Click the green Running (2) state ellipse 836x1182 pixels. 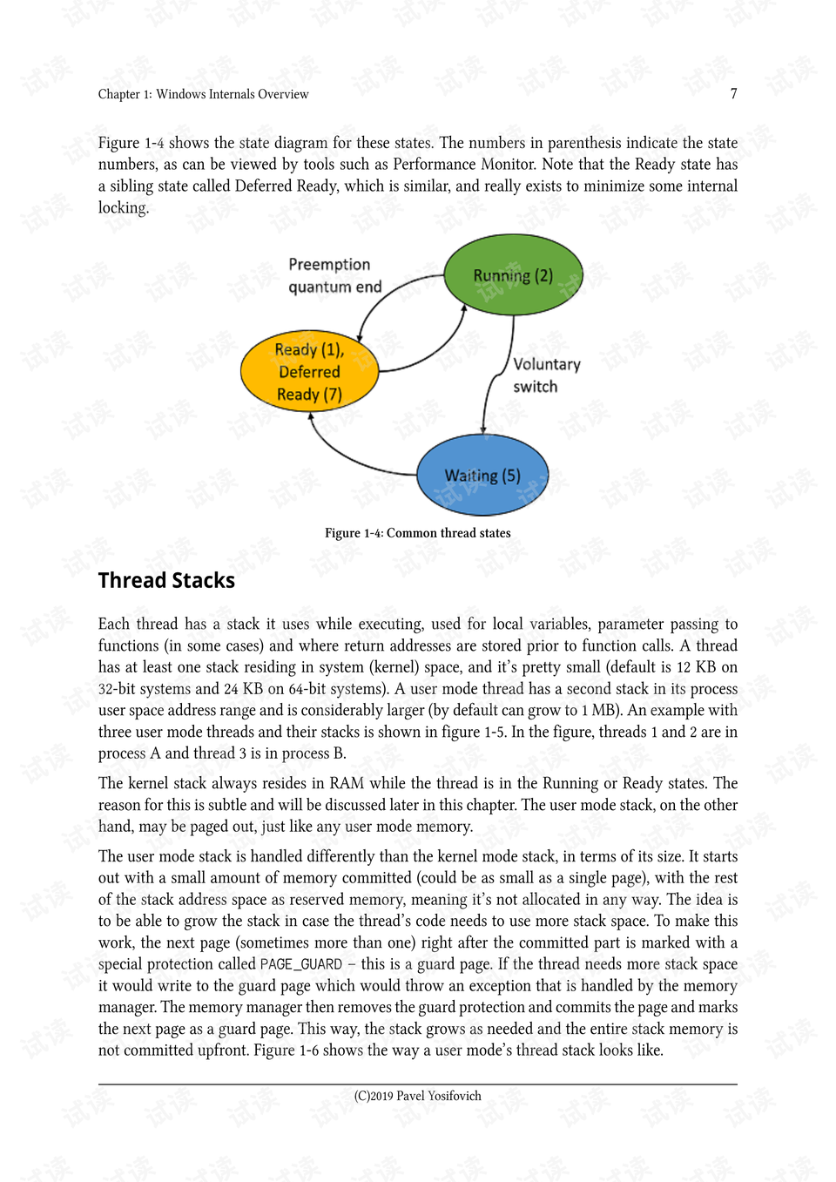(513, 274)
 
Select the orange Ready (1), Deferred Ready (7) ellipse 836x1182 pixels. (309, 372)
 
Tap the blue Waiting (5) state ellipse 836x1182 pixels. (482, 476)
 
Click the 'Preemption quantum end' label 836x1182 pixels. (334, 275)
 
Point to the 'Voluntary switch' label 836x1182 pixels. (546, 375)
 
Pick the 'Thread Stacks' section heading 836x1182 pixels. (166, 581)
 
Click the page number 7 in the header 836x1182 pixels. (733, 93)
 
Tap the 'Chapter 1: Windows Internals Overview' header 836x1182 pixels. (203, 94)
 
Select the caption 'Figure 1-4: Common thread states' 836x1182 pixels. (417, 533)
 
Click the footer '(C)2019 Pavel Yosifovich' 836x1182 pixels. (417, 1096)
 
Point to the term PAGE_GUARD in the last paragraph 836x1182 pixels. (300, 964)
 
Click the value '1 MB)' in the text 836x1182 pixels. (600, 710)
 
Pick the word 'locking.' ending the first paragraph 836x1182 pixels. (123, 208)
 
